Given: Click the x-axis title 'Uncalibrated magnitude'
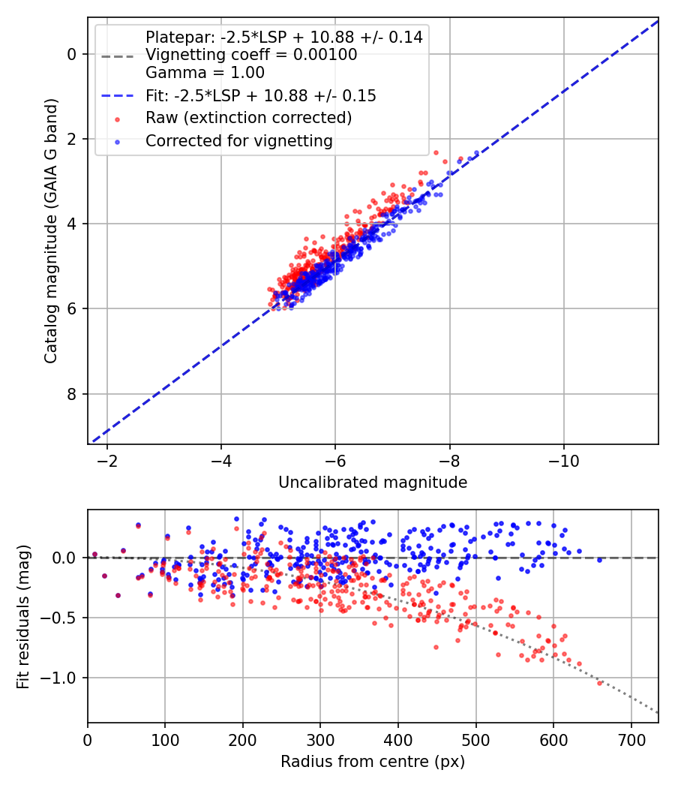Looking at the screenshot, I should pyautogui.click(x=373, y=483).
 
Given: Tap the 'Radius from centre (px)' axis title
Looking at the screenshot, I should pyautogui.click(x=373, y=762).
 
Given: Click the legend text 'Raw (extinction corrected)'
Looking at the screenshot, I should pyautogui.click(x=248, y=118).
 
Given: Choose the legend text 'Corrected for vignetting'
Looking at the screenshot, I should pyautogui.click(x=239, y=140).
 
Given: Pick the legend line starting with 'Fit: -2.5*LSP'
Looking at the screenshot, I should pyautogui.click(x=260, y=96).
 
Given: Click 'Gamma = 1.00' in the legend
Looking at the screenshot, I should pyautogui.click(x=205, y=74).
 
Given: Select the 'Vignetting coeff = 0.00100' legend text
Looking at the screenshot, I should pyautogui.click(x=251, y=55).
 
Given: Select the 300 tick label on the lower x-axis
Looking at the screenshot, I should pyautogui.click(x=320, y=739).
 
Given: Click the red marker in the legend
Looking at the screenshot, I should pyautogui.click(x=116, y=119).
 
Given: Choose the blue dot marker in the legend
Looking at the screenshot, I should pyautogui.click(x=116, y=141).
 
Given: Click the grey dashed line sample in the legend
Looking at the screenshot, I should pyautogui.click(x=116, y=56).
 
